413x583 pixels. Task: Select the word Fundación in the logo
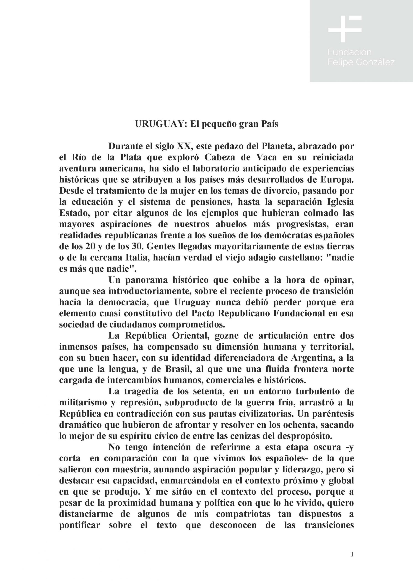(349, 52)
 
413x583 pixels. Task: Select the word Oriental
(190, 336)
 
